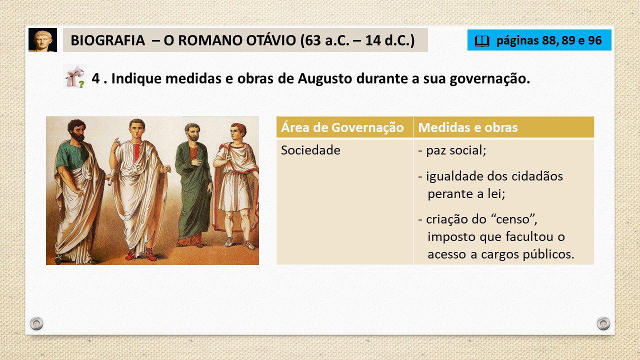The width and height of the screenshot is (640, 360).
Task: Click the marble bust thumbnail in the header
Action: tap(42, 40)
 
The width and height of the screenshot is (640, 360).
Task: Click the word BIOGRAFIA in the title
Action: tap(107, 40)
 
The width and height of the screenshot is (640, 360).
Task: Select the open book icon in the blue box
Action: tap(482, 41)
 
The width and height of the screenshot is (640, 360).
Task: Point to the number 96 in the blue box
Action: tap(595, 40)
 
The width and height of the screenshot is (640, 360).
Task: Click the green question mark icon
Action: tap(81, 84)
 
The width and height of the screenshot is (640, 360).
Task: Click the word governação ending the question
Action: tap(489, 79)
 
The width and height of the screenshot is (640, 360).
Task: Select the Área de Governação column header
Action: tap(342, 127)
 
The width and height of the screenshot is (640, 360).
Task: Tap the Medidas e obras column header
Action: tap(467, 127)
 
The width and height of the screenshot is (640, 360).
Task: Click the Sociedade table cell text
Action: tap(310, 150)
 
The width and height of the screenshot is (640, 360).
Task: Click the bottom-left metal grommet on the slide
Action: tap(36, 323)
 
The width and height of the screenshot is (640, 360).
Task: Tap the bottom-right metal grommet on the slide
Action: tap(603, 323)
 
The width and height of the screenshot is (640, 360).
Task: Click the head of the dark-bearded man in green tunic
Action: tap(76, 130)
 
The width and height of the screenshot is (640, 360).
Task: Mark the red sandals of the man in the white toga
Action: tap(140, 254)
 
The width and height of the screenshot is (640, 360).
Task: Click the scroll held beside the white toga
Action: tap(111, 177)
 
